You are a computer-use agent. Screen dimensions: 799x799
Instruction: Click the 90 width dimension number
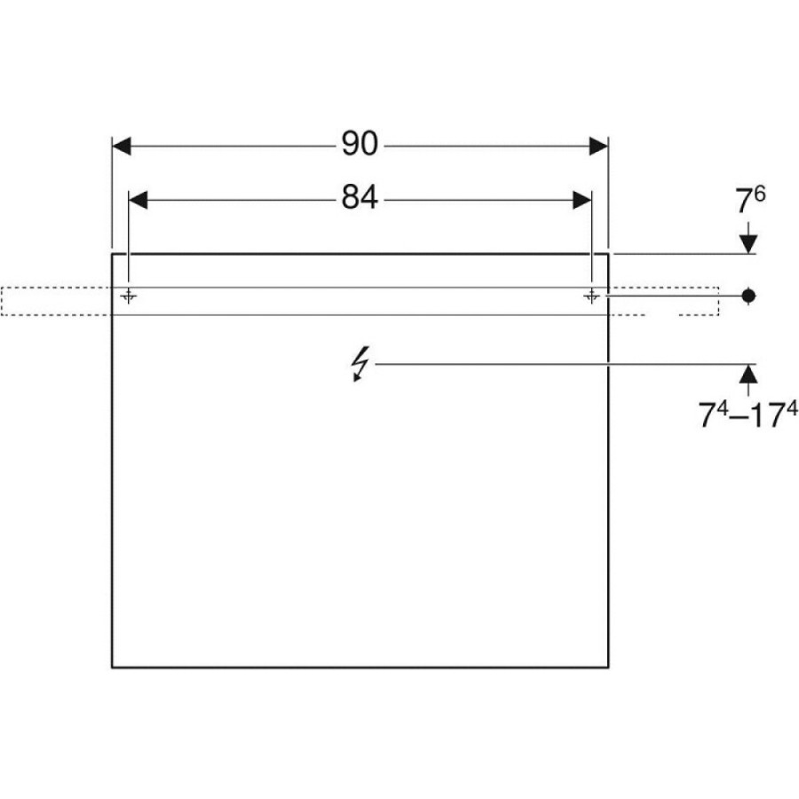[360, 144]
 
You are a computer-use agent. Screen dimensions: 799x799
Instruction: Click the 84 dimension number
[360, 198]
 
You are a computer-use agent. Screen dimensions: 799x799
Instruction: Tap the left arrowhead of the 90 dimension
[122, 146]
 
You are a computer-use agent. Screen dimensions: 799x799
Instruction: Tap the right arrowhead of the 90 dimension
[598, 146]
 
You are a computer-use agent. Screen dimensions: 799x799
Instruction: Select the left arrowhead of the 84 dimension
[138, 201]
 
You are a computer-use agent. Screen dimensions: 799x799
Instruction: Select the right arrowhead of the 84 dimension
[581, 201]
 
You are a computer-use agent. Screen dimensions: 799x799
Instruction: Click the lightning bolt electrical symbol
[360, 364]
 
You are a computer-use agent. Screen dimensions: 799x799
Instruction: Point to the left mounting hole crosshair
[129, 296]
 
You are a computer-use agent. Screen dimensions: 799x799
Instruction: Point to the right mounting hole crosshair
[591, 296]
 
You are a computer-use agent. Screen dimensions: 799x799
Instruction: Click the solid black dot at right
[748, 296]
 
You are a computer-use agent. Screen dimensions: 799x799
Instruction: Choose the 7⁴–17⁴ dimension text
[747, 415]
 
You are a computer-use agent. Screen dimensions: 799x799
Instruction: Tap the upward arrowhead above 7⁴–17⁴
[748, 374]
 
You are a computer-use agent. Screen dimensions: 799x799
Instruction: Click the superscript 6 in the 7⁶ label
[759, 194]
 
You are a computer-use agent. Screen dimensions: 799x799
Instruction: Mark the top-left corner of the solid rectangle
[112, 253]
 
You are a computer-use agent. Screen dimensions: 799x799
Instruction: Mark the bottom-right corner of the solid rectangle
[608, 667]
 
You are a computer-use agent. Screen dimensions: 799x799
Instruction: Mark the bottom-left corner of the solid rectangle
[112, 667]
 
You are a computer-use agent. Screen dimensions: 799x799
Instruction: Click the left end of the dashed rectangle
[2, 301]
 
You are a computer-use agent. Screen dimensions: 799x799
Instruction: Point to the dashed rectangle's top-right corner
[718, 288]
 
